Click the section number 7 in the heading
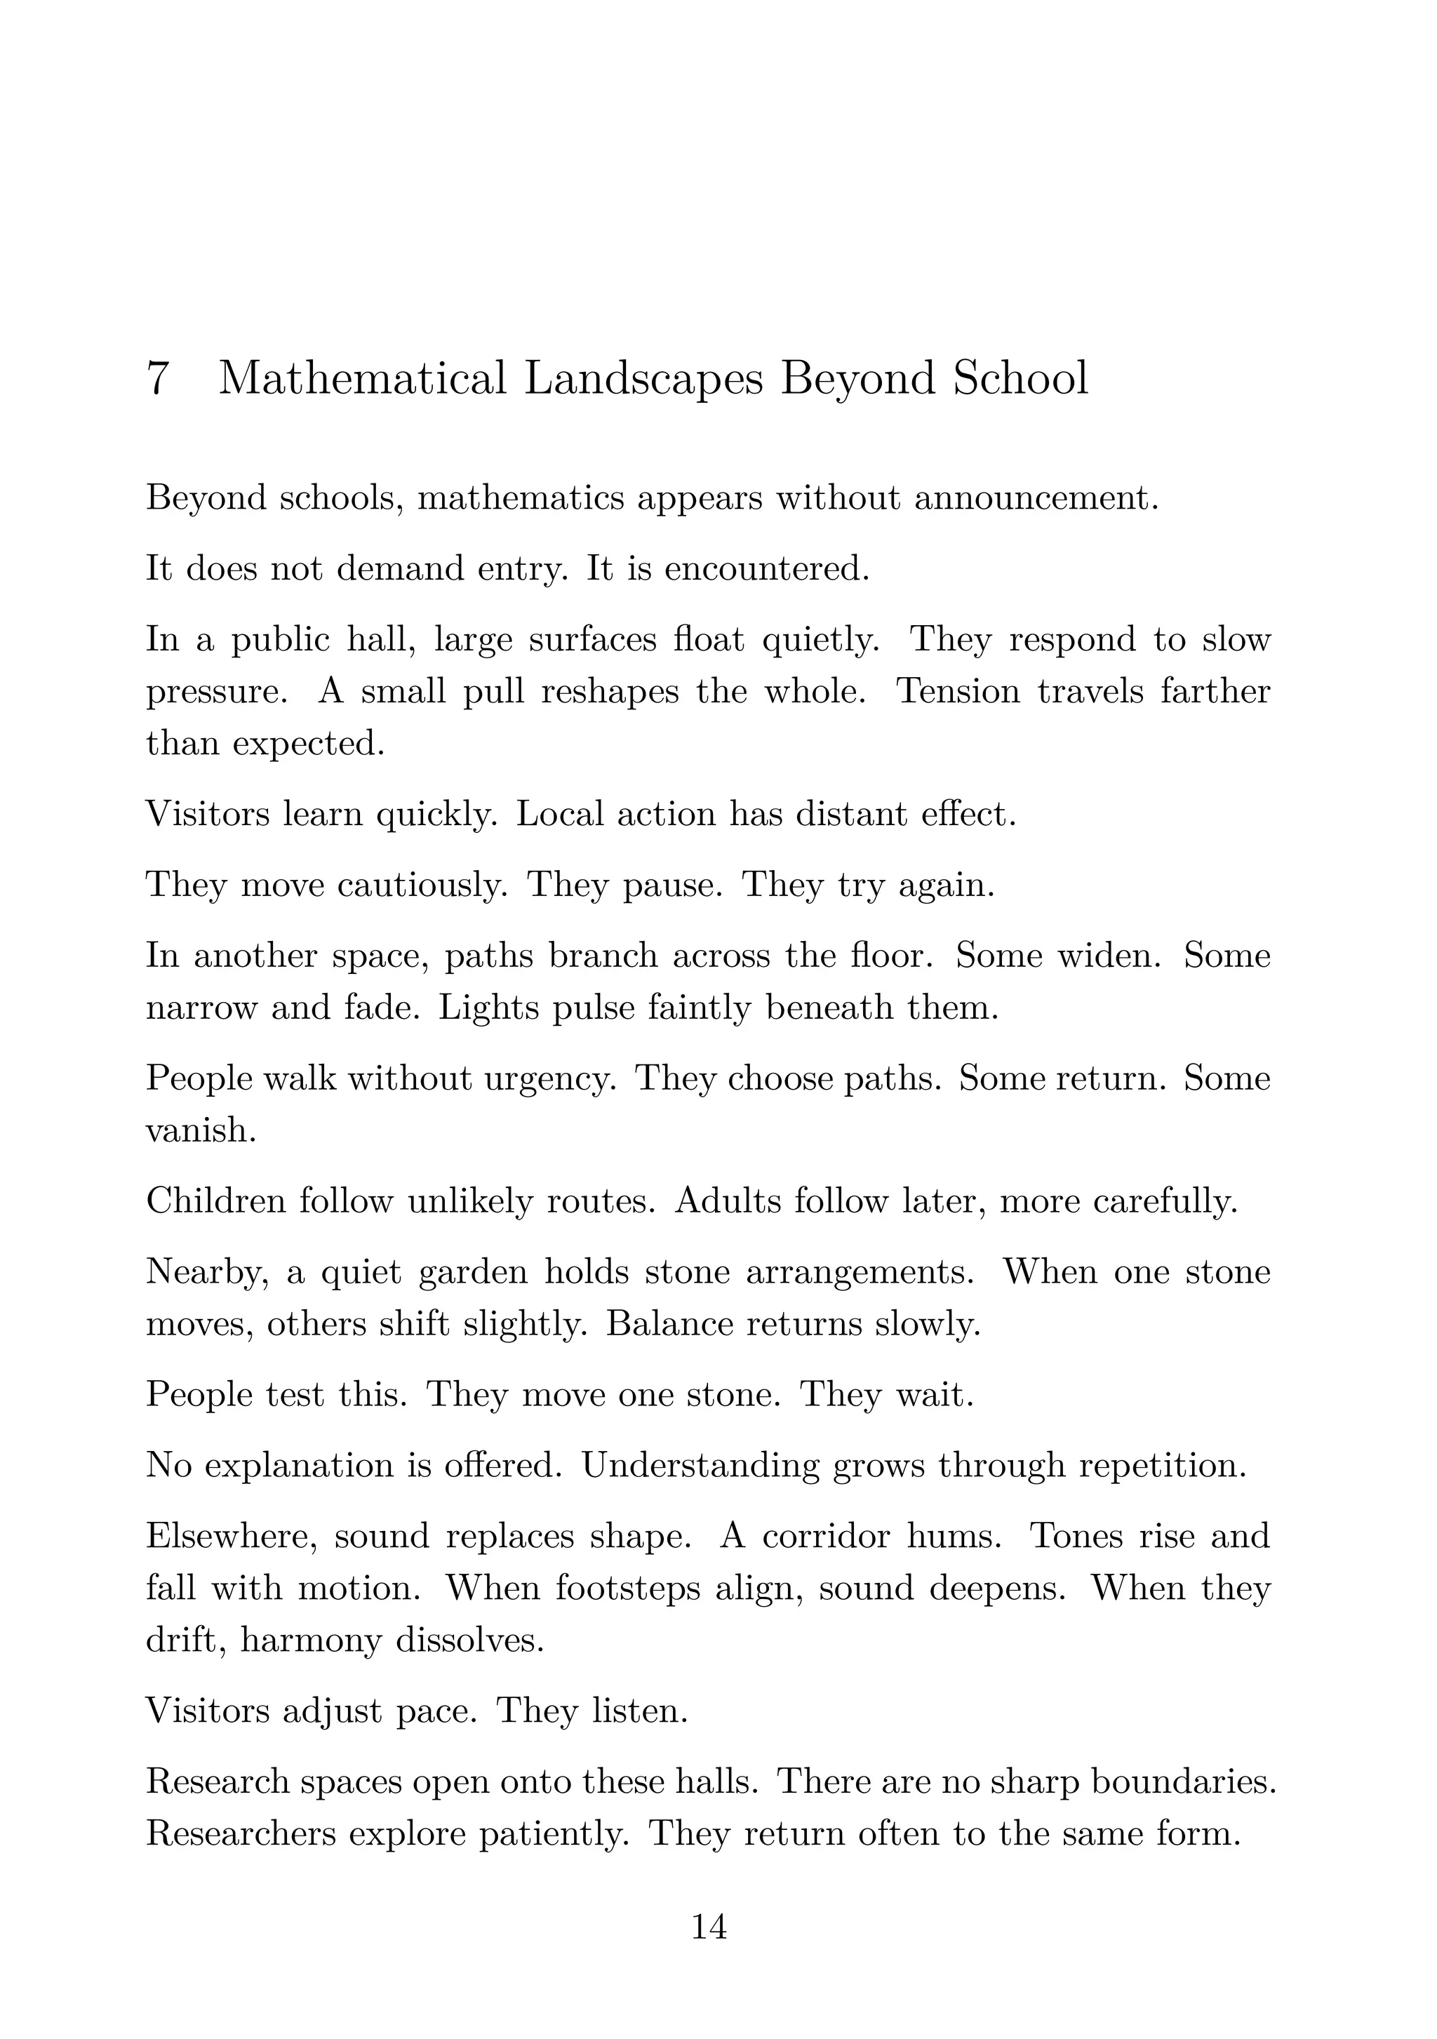click(x=157, y=378)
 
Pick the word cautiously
click(x=422, y=885)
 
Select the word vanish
click(x=201, y=1130)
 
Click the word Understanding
click(x=700, y=1465)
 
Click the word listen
click(x=639, y=1711)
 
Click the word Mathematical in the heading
click(x=362, y=378)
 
